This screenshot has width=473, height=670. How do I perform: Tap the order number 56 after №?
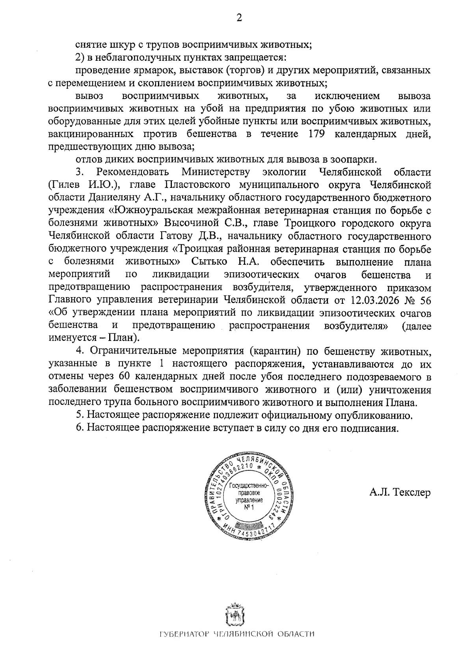click(x=426, y=300)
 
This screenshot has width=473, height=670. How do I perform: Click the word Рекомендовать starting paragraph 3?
click(x=133, y=172)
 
